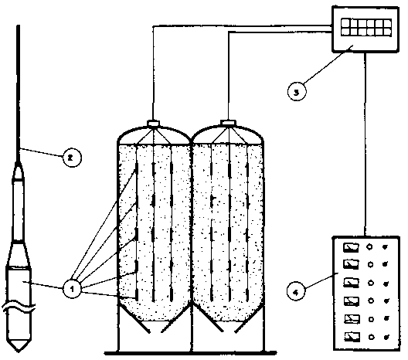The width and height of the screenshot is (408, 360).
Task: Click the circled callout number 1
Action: coord(72,288)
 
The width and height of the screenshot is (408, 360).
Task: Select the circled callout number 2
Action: coord(72,158)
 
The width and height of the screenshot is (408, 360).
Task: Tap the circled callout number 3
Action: coord(297,92)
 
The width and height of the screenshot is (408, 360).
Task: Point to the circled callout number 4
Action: coord(296,292)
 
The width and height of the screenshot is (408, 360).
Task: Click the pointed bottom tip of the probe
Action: coord(19,352)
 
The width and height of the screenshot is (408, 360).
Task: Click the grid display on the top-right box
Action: coord(366,27)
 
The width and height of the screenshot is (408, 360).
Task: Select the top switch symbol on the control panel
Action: coord(351,247)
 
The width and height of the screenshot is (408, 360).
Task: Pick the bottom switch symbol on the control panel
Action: coord(352,337)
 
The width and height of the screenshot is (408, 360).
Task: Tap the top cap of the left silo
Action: coord(153,124)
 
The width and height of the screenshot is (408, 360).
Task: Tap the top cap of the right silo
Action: coord(228,123)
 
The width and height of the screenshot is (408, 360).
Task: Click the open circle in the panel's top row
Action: coord(369,246)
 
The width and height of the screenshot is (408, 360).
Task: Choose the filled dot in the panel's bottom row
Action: coord(386,338)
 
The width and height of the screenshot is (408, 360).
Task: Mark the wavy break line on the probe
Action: coord(19,307)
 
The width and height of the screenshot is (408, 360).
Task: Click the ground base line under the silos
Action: coord(191,353)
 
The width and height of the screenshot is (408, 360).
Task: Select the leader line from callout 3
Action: coord(328,65)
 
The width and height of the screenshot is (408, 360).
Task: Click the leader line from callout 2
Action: coord(42,153)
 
